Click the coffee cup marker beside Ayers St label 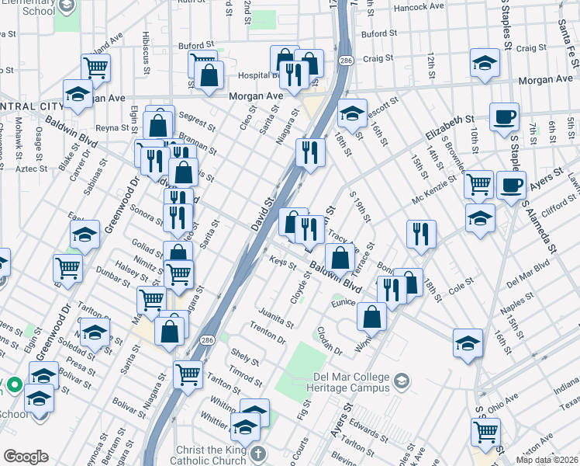(x=511, y=186)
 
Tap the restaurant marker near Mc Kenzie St (x=421, y=235)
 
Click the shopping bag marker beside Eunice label (x=372, y=316)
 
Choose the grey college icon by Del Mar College (x=401, y=381)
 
